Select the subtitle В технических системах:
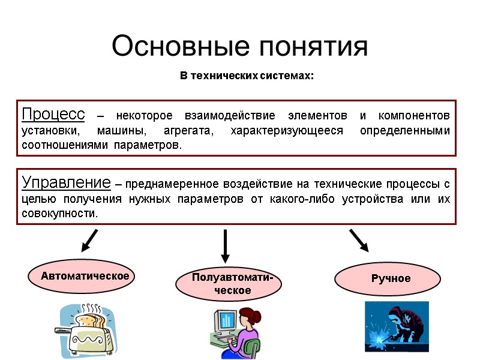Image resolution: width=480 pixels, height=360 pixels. coord(247,76)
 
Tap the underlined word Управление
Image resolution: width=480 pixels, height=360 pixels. coord(66,182)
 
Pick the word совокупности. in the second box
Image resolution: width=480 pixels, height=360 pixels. coord(59,214)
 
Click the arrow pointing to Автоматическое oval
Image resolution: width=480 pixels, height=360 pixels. coord(89,240)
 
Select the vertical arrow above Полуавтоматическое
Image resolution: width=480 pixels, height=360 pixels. coord(225,246)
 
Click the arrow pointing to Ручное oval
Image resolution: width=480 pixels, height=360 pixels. coord(359,239)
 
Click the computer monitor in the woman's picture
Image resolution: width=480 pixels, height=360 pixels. coord(224,324)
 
